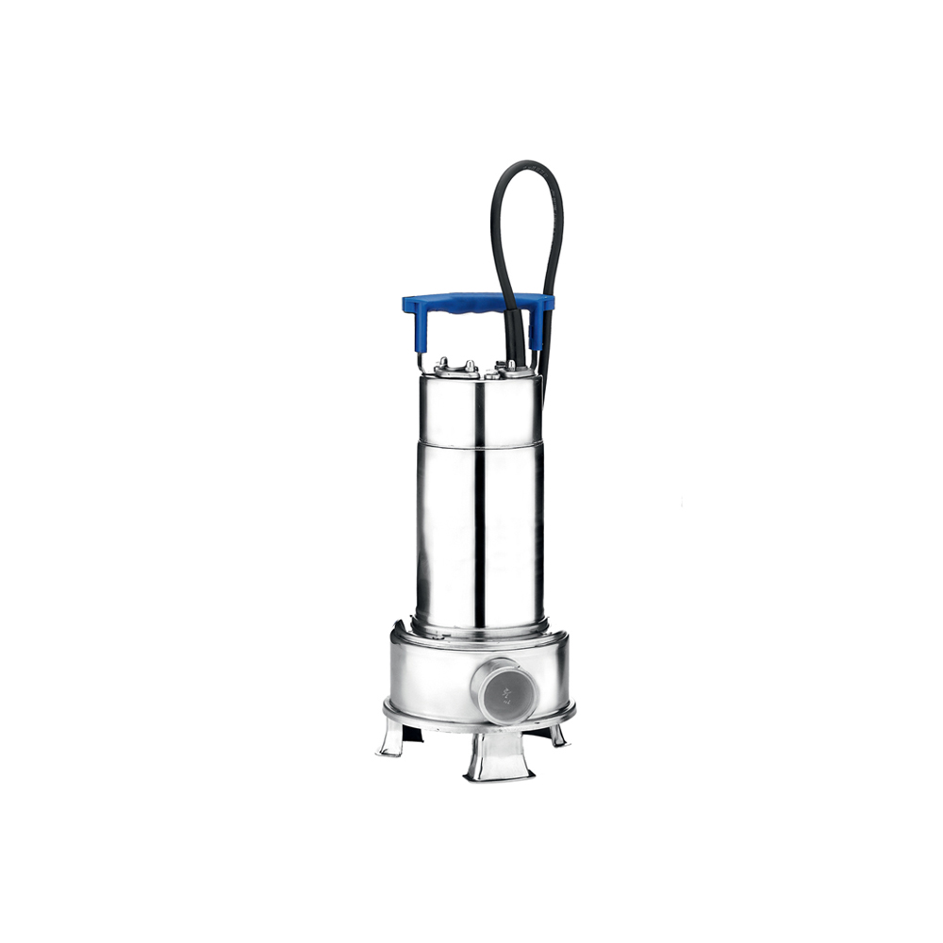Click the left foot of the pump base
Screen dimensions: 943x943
coord(391,736)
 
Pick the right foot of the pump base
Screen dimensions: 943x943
coord(558,735)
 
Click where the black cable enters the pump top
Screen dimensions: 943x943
coord(513,363)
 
